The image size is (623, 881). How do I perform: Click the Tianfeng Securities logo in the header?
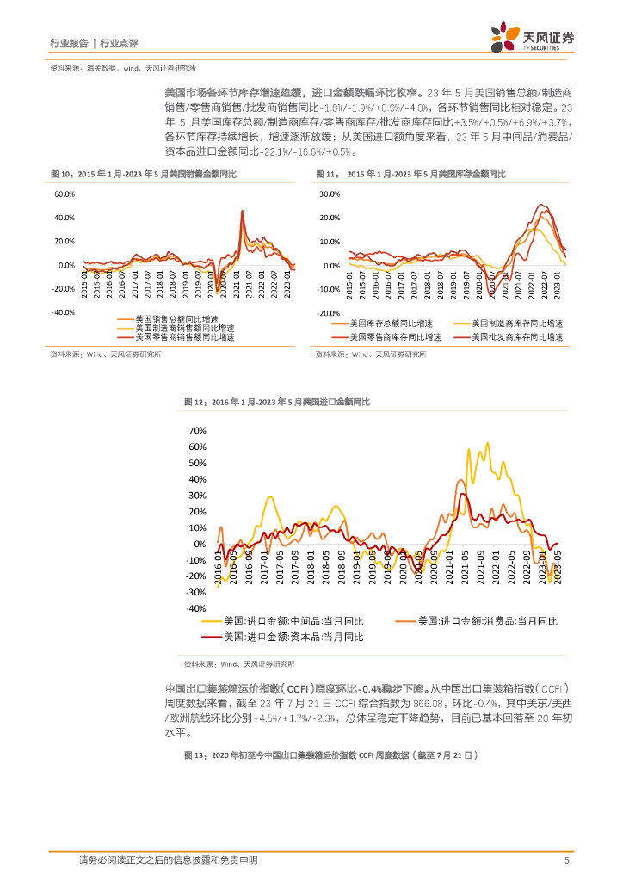tap(532, 38)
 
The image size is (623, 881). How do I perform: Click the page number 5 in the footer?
tap(566, 860)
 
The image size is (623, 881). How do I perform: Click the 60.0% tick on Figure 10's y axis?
tap(65, 194)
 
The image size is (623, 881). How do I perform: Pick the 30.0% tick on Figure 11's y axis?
tap(330, 194)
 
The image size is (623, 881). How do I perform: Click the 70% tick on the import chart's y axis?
tap(197, 430)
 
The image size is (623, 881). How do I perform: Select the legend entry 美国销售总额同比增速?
tap(176, 320)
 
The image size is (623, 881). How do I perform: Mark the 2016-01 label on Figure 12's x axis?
tap(218, 571)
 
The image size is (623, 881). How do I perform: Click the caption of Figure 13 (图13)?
tap(330, 755)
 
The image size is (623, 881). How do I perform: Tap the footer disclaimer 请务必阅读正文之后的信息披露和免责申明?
tap(168, 860)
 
